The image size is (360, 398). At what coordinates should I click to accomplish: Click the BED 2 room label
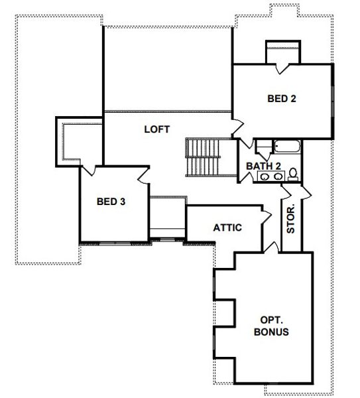pos(281,99)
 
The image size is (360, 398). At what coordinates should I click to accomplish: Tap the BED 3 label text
pos(111,202)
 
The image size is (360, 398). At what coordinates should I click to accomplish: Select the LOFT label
pos(157,129)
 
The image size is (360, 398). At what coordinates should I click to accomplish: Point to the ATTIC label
pos(227,228)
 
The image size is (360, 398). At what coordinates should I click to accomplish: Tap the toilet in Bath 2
pos(293,174)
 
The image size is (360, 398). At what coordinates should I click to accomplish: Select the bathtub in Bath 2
pos(278,147)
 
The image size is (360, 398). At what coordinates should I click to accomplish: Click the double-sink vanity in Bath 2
pos(269,176)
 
